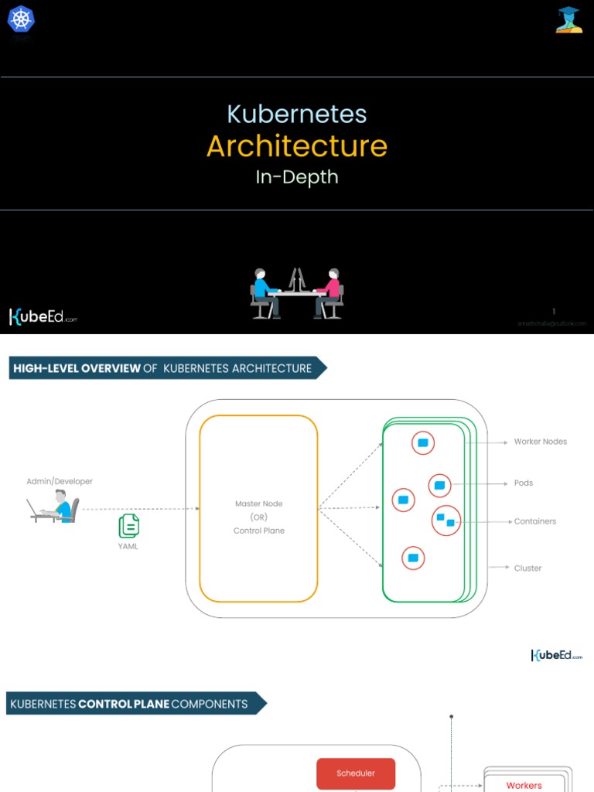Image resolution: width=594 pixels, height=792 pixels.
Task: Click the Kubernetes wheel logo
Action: tap(21, 19)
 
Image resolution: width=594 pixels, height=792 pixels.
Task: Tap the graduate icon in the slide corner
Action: tap(568, 19)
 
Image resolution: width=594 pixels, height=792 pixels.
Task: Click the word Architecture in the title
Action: tap(297, 145)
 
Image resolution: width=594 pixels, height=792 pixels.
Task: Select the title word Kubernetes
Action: tap(297, 114)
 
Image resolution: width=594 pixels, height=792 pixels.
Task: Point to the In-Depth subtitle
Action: tap(297, 177)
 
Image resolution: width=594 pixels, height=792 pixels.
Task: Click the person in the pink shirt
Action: tap(331, 291)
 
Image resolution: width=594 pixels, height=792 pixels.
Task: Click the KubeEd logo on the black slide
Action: tap(43, 316)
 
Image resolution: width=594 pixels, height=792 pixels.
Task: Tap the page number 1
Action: tap(554, 312)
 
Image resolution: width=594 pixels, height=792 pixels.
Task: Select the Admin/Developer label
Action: tap(60, 481)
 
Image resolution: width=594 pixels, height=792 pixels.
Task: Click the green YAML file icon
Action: tap(128, 526)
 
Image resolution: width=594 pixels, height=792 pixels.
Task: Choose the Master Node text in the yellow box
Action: tap(259, 504)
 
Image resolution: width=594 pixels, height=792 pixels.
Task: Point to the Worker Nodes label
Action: tap(540, 442)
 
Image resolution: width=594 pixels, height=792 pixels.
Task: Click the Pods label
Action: tap(524, 483)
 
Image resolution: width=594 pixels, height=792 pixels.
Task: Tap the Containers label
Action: tap(534, 521)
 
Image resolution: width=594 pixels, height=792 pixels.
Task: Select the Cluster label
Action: tap(527, 568)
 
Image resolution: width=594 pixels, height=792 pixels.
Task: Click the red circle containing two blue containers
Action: tap(446, 520)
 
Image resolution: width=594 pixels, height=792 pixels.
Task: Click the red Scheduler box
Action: tap(356, 773)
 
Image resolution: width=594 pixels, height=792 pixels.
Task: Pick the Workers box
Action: tap(524, 784)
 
